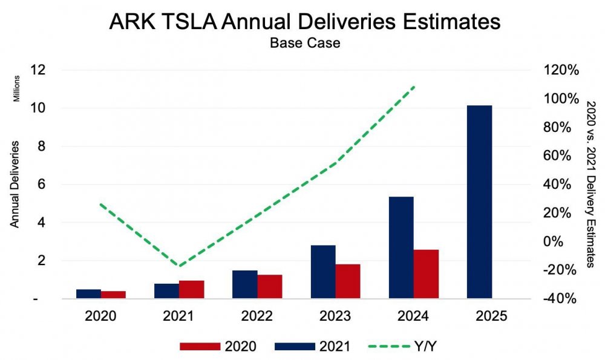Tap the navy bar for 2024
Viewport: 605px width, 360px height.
tap(401, 247)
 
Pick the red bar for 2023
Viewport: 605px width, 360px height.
tap(348, 281)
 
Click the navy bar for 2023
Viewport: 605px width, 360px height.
tap(323, 272)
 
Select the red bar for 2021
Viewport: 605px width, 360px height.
tap(192, 289)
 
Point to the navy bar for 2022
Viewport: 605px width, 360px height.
tap(244, 284)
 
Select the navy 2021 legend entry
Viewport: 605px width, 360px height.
tap(313, 346)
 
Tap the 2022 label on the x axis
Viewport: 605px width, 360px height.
tap(257, 315)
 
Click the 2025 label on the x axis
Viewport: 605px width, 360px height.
tap(491, 315)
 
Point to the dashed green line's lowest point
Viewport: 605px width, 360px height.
tap(178, 266)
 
